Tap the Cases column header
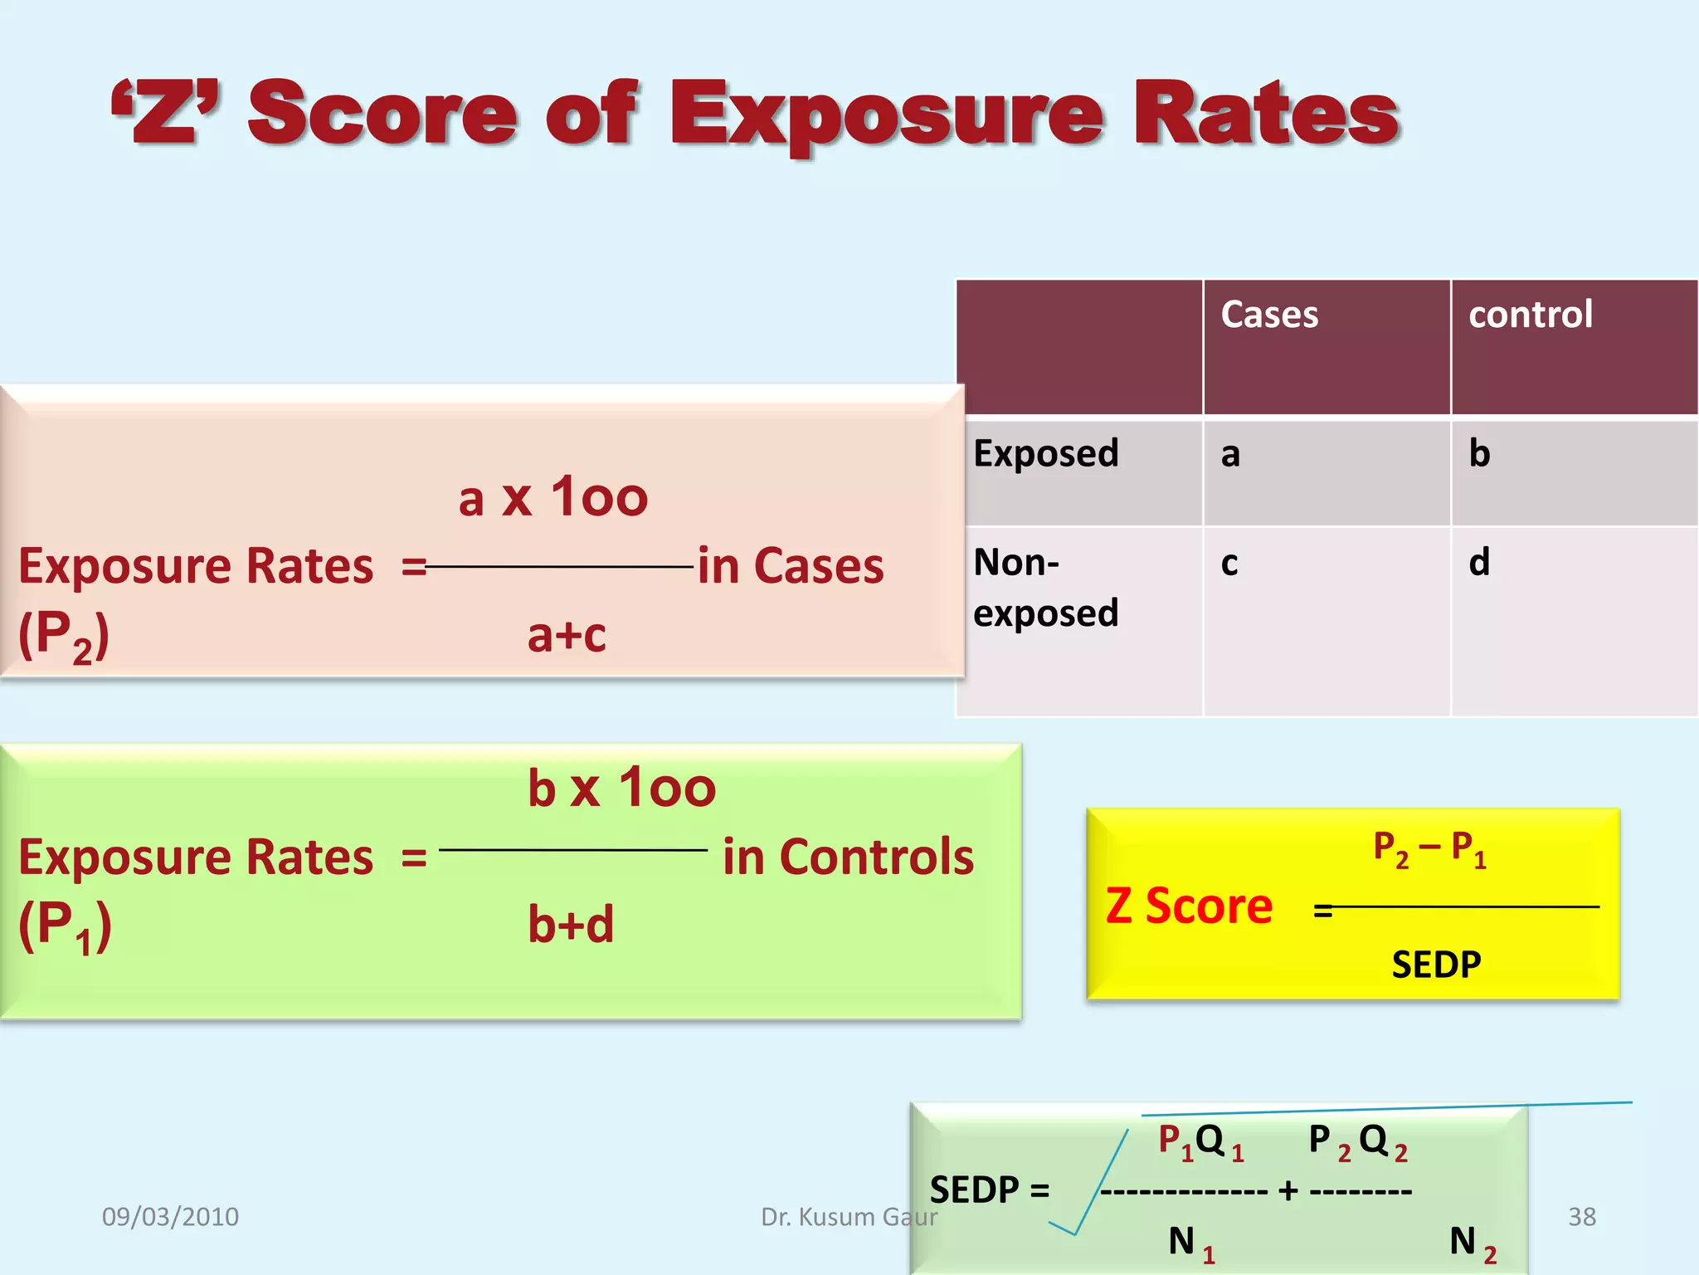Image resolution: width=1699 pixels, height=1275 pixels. pos(1268,315)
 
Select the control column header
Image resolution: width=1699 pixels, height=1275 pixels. pos(1530,315)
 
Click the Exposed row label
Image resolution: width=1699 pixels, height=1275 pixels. pos(1045,453)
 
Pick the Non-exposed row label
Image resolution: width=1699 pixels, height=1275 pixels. pos(1045,587)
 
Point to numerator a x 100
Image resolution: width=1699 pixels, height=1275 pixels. pos(553,497)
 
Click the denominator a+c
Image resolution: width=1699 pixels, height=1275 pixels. pos(567,635)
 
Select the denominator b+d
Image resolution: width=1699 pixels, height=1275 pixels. pos(571,924)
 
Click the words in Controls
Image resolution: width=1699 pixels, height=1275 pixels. pos(848,857)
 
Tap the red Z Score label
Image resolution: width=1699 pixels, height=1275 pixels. pos(1188,906)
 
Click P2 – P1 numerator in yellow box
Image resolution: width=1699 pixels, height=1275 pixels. pos(1429,849)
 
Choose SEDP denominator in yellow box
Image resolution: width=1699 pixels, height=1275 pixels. pos(1436,965)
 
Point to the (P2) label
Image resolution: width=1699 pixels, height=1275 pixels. pos(64,636)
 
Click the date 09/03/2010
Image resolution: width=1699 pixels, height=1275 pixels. pos(170,1217)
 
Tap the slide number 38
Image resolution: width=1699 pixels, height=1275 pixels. pos(1581,1217)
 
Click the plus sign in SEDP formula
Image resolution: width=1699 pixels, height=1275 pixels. pos(1288,1191)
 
